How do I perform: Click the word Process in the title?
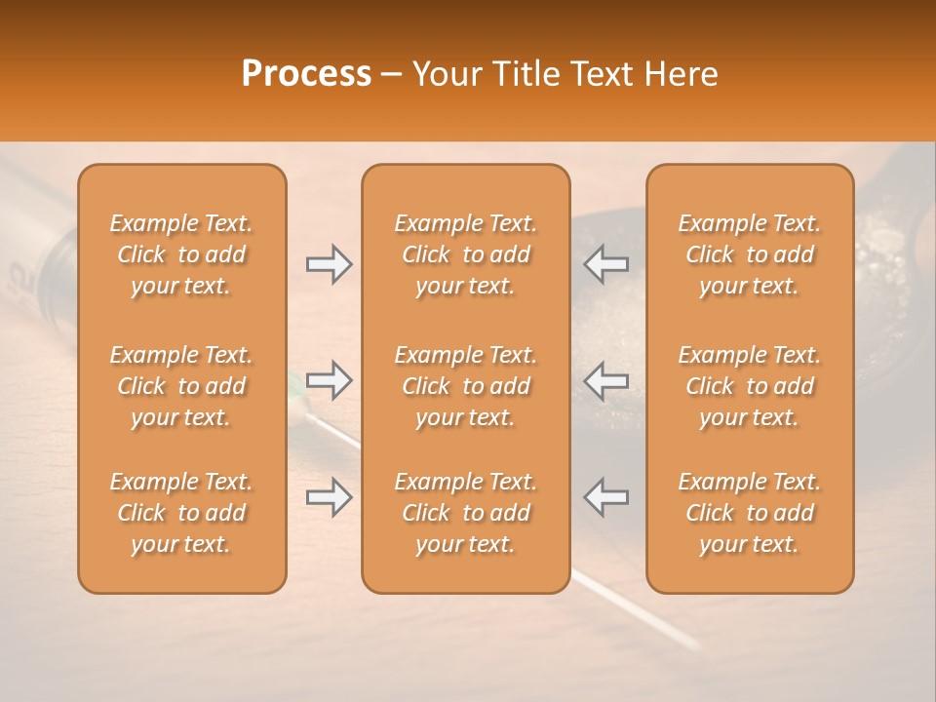306,73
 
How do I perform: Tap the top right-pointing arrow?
329,264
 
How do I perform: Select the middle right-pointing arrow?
329,380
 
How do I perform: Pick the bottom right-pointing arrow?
329,497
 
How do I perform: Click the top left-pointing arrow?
606,264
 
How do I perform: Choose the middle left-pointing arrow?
606,380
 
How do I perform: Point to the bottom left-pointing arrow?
606,497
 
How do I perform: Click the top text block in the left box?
181,254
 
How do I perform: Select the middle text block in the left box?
181,386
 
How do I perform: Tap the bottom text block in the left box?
181,513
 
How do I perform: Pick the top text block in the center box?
465,254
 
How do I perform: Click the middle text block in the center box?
465,386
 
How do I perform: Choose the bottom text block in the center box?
465,513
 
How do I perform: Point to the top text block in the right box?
749,254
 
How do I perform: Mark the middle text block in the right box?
749,386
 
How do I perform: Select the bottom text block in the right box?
749,513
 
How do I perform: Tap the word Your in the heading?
444,73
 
